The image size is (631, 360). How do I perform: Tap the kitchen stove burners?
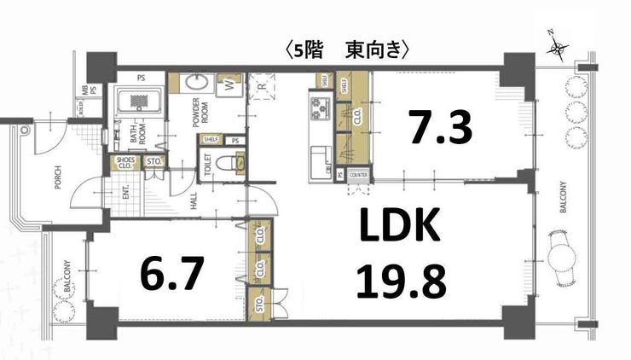pos(321,109)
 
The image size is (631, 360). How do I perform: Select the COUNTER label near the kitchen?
pos(358,176)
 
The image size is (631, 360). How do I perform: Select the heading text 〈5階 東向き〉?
pos(350,50)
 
